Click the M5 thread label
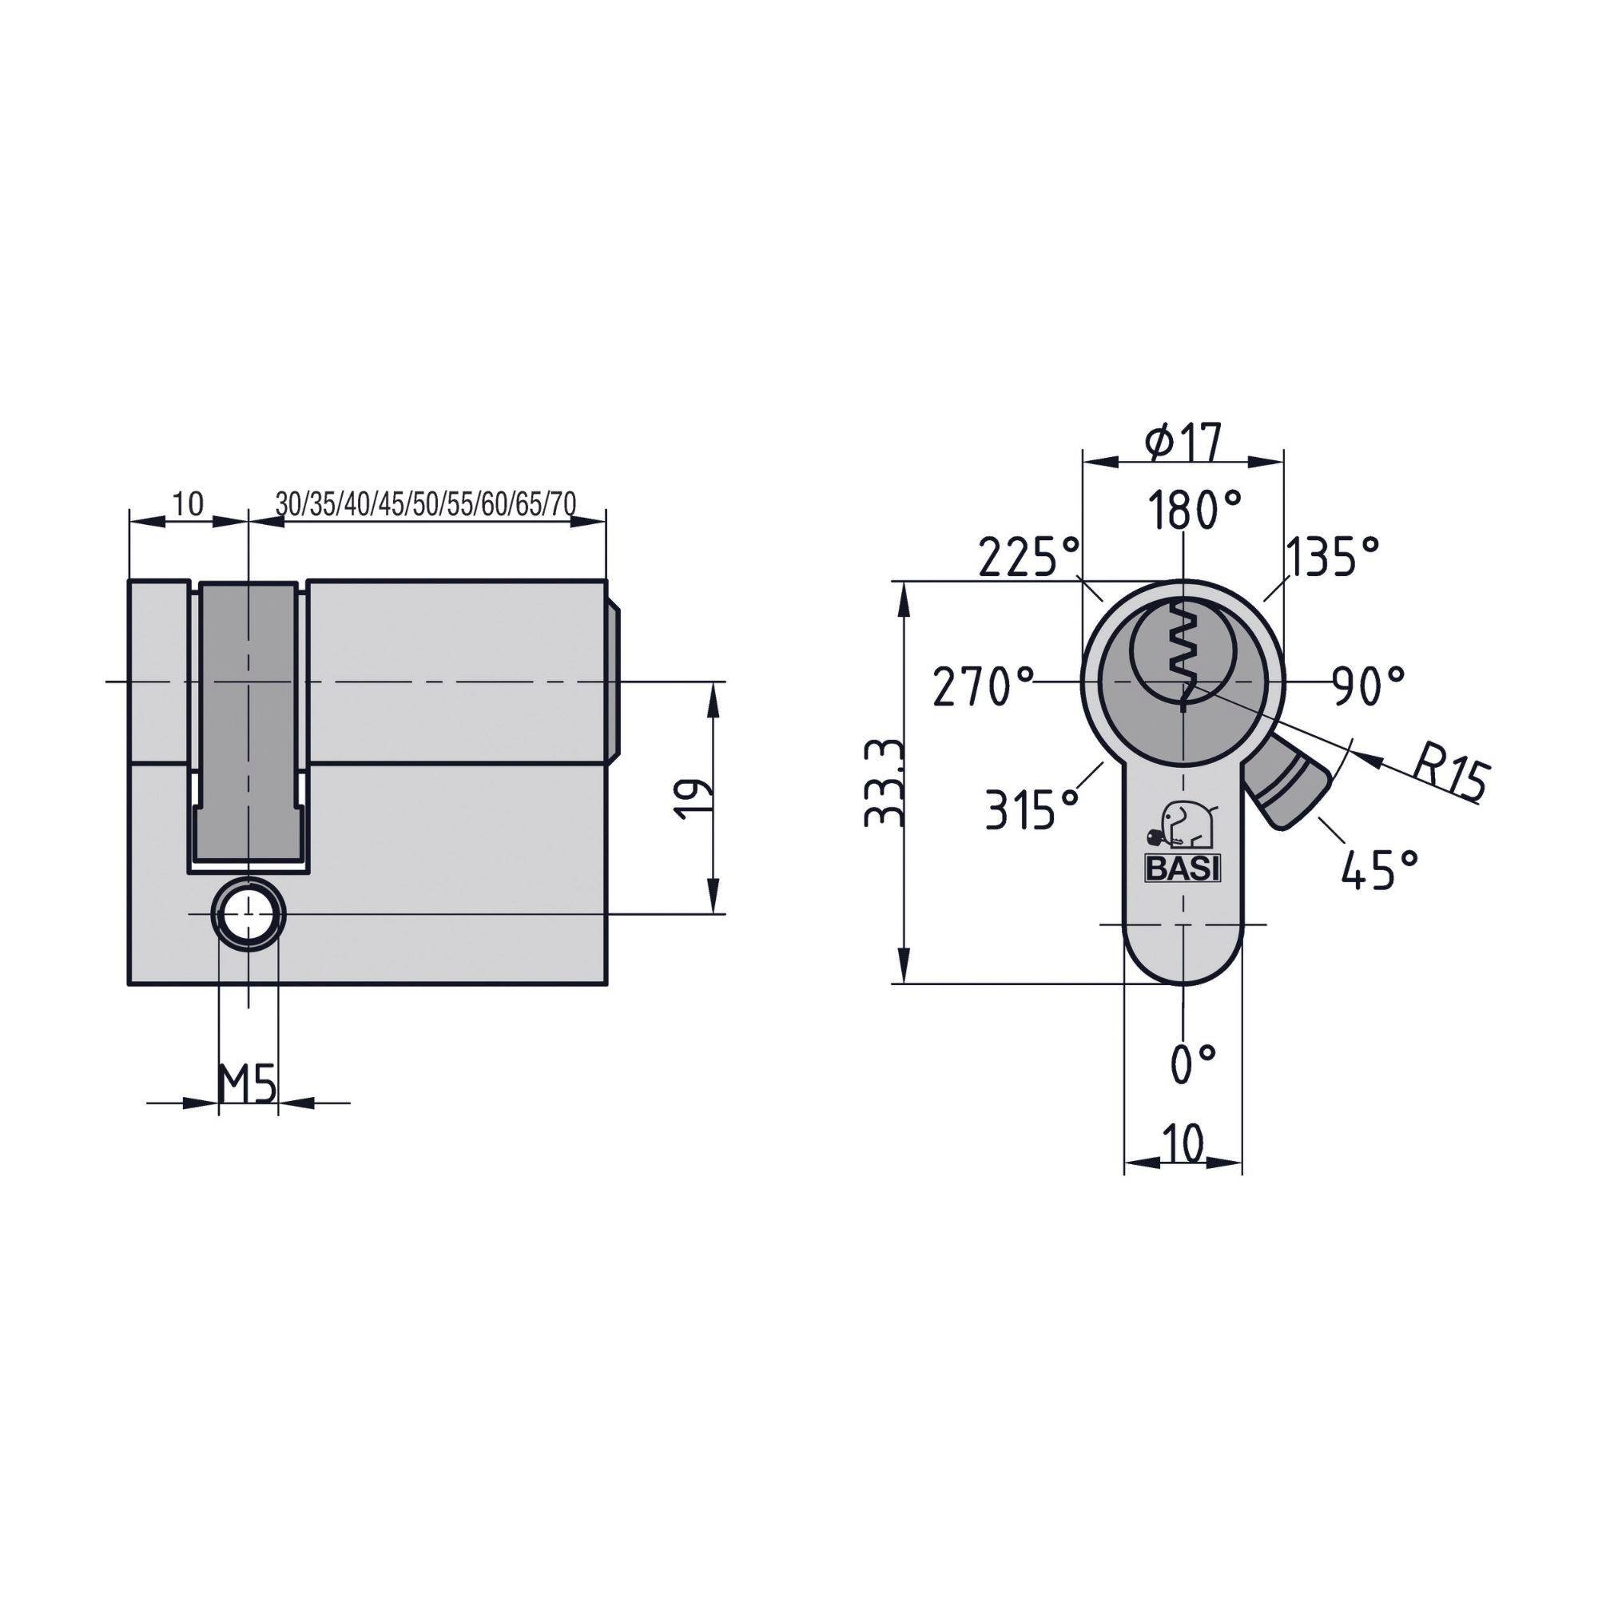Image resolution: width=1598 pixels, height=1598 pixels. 246,1083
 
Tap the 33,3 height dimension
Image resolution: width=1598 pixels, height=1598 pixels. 883,783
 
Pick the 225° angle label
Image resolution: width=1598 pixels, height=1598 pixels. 1028,557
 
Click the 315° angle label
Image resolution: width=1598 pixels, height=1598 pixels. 1033,808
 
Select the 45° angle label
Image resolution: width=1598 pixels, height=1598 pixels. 1380,869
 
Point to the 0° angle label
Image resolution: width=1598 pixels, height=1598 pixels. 1194,1063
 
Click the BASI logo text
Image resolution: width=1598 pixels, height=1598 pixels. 1183,869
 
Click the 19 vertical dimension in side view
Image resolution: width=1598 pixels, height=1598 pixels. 692,797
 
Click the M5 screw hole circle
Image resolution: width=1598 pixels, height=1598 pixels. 249,914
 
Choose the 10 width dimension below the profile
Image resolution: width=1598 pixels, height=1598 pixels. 1184,1144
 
